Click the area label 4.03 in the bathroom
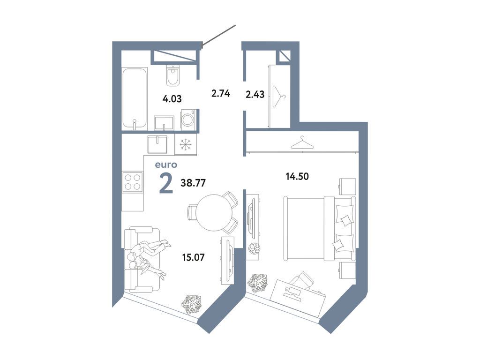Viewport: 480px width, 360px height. pyautogui.click(x=172, y=99)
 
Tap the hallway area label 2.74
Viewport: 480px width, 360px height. pyautogui.click(x=220, y=93)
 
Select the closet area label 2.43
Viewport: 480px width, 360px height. pyautogui.click(x=255, y=94)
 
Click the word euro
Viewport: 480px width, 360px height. pyautogui.click(x=166, y=165)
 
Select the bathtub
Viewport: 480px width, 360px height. pyautogui.click(x=135, y=98)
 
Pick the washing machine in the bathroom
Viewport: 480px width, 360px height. pyautogui.click(x=188, y=120)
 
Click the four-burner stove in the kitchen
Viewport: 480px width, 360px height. pyautogui.click(x=132, y=181)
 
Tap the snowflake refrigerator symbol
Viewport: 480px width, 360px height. pyautogui.click(x=186, y=145)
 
